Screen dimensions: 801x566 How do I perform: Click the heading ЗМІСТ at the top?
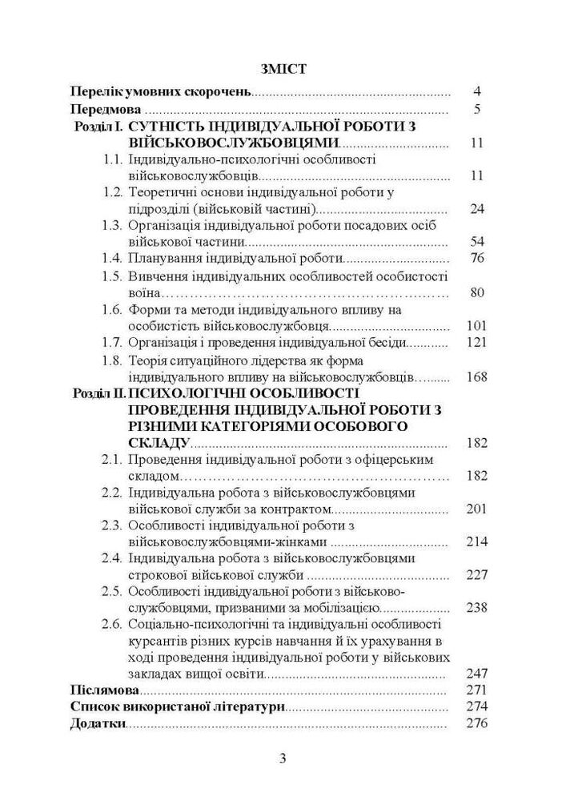point(283,69)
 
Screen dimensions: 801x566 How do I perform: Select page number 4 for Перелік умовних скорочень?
point(476,91)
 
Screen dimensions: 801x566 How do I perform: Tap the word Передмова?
point(105,109)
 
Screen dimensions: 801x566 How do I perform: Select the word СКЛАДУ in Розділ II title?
point(158,442)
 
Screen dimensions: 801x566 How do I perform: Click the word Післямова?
point(104,690)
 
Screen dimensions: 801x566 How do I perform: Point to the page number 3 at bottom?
point(283,759)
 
